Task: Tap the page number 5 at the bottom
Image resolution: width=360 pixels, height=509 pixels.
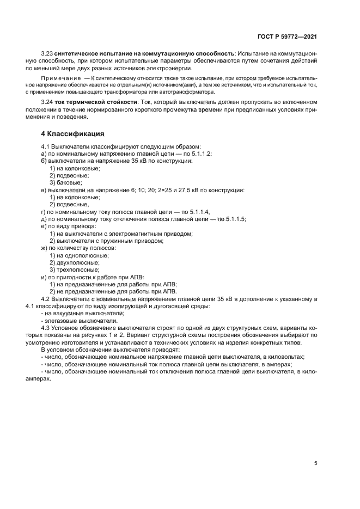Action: click(x=315, y=463)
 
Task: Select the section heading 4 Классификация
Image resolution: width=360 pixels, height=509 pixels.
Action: click(x=73, y=133)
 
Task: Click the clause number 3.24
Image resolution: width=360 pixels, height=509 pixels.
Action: click(x=47, y=102)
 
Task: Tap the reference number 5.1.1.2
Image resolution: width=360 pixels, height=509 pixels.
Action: click(x=200, y=154)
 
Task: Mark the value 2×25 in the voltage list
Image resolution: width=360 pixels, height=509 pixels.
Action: click(x=165, y=190)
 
